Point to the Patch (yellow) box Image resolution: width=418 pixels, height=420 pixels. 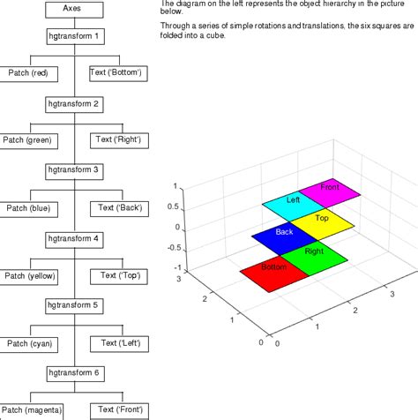coord(29,276)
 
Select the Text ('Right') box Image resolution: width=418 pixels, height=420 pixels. coord(120,139)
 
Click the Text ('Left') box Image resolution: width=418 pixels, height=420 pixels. coord(120,343)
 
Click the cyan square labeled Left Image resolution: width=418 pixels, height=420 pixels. coord(293,201)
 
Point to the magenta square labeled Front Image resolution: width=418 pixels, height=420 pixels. coord(331,189)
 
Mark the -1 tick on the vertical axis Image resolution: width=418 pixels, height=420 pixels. coord(176,267)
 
